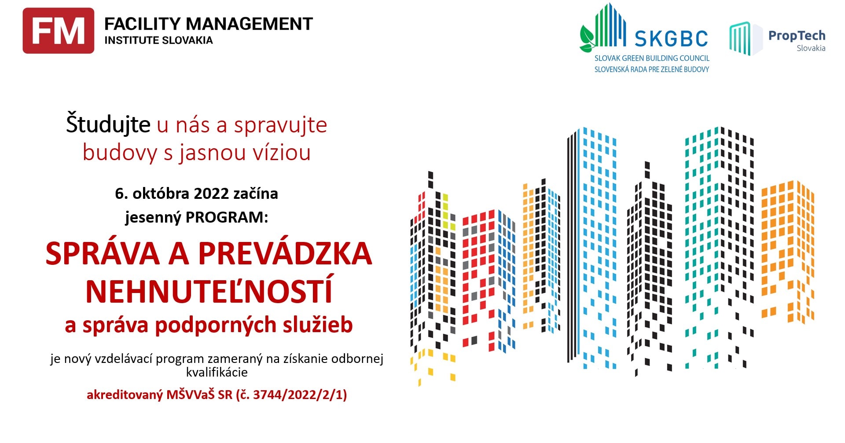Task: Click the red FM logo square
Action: coord(59,31)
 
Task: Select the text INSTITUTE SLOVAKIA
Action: coord(158,40)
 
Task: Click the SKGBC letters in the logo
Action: coord(671,39)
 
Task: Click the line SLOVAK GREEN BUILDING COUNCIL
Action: coord(652,58)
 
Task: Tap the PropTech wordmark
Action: coord(797,36)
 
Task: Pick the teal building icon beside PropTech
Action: coord(740,39)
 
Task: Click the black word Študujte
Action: coord(108,124)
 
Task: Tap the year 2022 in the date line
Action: coord(211,194)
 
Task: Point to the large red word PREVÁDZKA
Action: coord(285,254)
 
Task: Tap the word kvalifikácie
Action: coord(217,373)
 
